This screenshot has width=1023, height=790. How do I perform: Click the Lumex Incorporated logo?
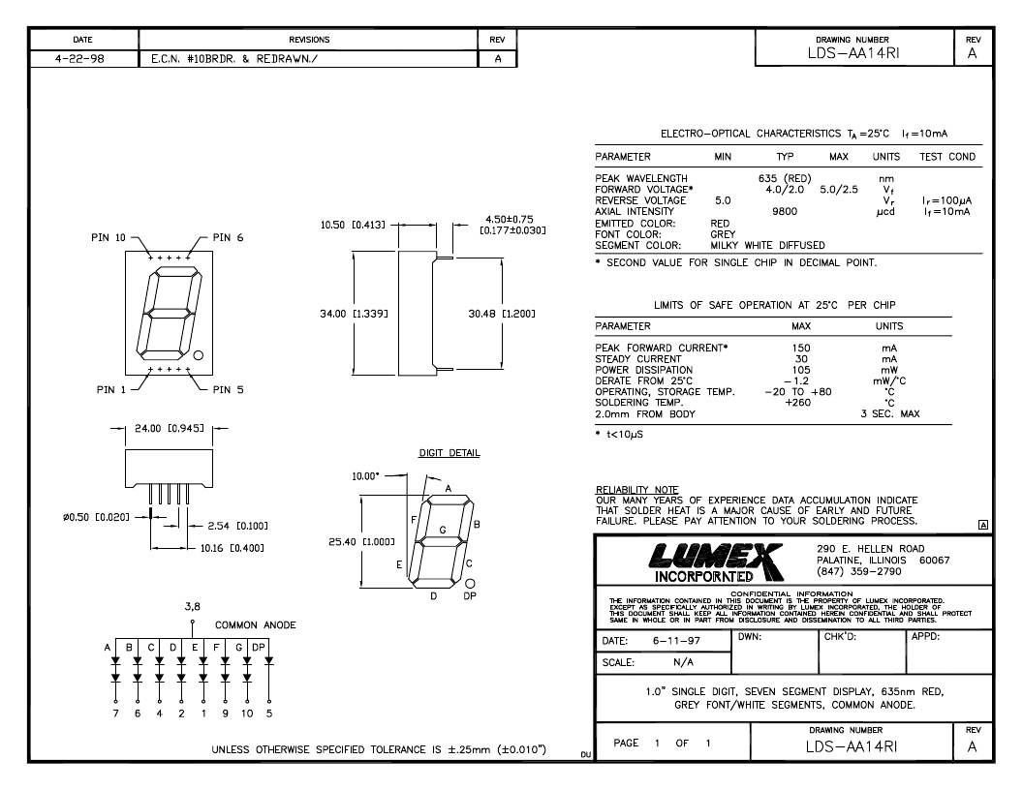tap(716, 562)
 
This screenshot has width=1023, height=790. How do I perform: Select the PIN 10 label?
tap(108, 238)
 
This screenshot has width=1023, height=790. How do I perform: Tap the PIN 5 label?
tap(228, 390)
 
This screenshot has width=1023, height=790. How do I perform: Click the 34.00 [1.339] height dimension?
tap(354, 315)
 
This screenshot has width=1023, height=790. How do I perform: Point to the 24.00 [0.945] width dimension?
tap(169, 428)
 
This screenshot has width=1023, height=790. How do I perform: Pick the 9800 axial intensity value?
tap(785, 211)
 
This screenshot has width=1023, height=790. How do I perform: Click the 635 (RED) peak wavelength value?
tap(785, 178)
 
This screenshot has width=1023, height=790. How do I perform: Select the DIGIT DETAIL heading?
tap(449, 453)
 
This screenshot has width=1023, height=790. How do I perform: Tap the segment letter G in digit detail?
tap(443, 530)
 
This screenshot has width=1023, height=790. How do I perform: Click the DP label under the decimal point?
tap(470, 595)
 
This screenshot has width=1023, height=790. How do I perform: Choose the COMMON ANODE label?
tap(255, 625)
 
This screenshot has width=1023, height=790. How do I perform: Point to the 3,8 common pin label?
tap(193, 607)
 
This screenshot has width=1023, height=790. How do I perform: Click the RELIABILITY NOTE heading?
tap(636, 490)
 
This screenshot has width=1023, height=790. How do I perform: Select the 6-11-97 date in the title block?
tap(676, 641)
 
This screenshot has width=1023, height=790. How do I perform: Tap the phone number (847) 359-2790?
tap(858, 571)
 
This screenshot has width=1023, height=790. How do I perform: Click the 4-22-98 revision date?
tap(79, 59)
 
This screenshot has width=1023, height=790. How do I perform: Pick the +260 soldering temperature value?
tap(797, 402)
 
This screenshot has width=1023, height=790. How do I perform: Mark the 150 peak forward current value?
tap(800, 349)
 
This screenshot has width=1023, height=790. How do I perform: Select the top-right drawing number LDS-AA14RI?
tap(852, 53)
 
